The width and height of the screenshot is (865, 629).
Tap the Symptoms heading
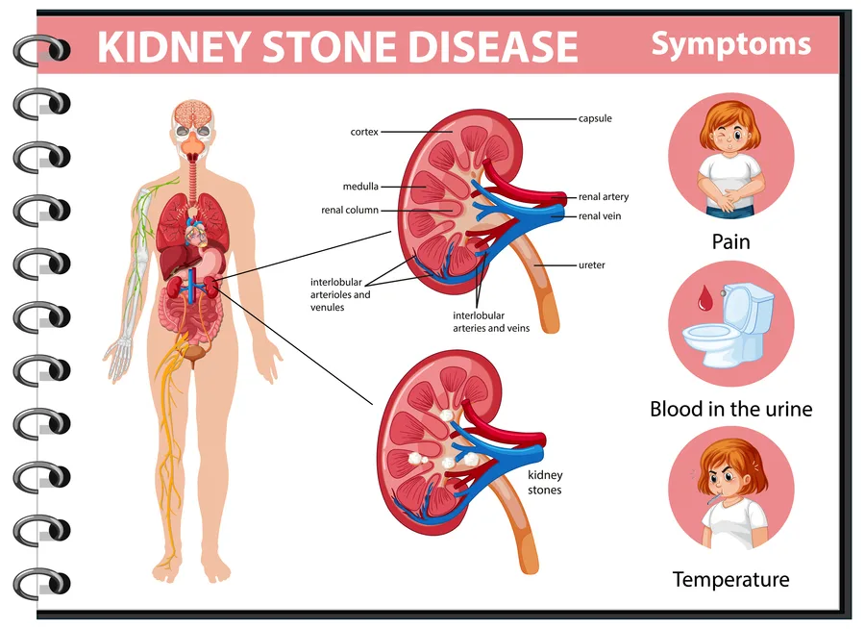pos(731,45)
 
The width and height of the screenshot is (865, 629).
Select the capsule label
pos(595,118)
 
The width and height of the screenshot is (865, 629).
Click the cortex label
pos(364,132)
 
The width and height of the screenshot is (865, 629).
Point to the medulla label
pos(360,187)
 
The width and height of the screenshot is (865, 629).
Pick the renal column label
pos(350,210)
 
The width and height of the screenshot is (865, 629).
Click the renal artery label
pos(604,196)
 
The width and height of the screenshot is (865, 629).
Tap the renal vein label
pos(600,216)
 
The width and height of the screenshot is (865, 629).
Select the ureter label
pos(591,265)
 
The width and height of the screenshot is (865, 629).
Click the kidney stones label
pos(545,482)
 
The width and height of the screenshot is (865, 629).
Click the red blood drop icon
pos(704,297)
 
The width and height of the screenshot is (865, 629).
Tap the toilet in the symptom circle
pos(729,325)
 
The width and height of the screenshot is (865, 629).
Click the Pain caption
pos(731,241)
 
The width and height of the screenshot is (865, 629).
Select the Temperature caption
pos(731,580)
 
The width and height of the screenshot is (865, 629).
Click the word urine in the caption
pos(788,409)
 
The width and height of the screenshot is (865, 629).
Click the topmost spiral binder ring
pos(42,50)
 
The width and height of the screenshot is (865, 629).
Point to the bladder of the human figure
pos(193,352)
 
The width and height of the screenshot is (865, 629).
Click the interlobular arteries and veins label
pos(491,322)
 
